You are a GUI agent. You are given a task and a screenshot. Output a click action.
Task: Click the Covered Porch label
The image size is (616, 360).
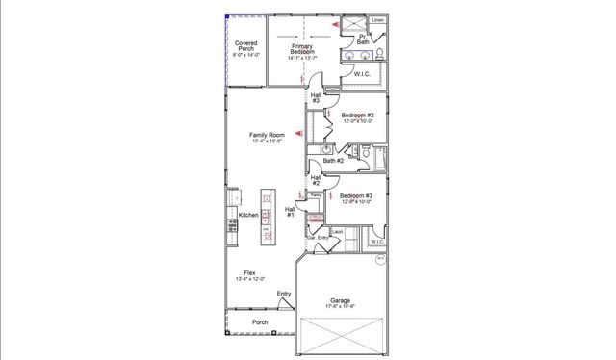coord(245,46)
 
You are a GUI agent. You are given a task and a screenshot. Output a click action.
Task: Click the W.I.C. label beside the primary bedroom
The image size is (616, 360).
coord(363,73)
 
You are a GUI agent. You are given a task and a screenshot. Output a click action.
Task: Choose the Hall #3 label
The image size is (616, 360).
coord(316,98)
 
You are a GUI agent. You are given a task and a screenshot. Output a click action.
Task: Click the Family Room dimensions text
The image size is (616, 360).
coord(268,141)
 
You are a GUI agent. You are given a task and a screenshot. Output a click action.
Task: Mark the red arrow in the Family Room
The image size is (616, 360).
coord(299,133)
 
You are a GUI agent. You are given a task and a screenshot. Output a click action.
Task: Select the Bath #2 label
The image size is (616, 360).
coord(333,161)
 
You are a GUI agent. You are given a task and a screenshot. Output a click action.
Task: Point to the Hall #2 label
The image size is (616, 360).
coord(316,180)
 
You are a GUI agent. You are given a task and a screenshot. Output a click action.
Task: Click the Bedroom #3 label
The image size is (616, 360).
coord(356,196)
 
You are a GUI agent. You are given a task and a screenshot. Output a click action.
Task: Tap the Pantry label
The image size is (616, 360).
coord(315,195)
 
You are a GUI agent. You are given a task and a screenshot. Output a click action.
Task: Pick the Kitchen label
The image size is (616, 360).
coord(247,215)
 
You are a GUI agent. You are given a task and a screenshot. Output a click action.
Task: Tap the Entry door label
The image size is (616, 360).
coord(284,294)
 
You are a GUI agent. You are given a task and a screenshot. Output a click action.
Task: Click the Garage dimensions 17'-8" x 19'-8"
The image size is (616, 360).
coord(341,306)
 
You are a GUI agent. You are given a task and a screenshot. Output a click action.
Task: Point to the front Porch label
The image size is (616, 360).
coord(260,321)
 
